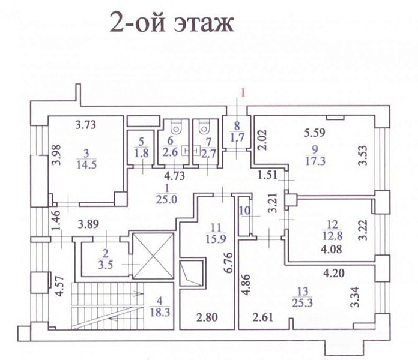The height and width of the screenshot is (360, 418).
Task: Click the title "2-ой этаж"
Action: coord(171,25)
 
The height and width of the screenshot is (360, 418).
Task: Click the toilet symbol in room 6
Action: coord(176,127)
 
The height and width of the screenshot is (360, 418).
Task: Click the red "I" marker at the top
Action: coord(243,92)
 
